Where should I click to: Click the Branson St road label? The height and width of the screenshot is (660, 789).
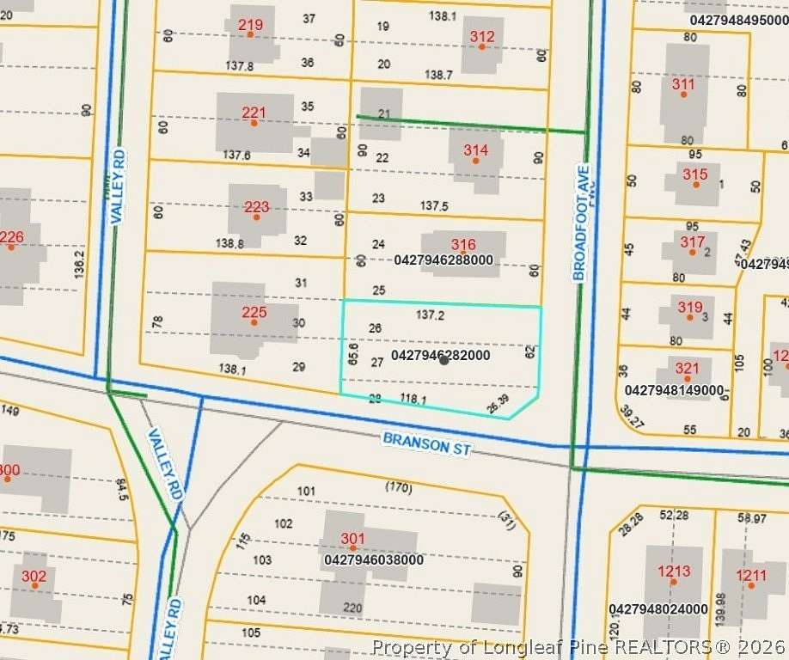click(427, 443)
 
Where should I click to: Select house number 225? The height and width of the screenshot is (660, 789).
click(254, 313)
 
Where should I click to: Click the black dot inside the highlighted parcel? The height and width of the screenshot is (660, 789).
click(443, 360)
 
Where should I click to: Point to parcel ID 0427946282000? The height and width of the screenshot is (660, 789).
click(440, 355)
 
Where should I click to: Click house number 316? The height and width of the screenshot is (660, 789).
click(463, 245)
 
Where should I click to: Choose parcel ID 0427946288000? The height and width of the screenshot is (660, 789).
click(443, 259)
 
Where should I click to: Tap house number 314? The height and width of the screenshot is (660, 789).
click(475, 150)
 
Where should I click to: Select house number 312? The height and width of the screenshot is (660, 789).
click(482, 36)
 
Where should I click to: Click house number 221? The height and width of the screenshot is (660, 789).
click(254, 113)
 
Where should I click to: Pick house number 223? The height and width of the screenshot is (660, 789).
click(256, 207)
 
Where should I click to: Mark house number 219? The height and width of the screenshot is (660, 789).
click(250, 23)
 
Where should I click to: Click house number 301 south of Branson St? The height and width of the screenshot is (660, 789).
click(352, 539)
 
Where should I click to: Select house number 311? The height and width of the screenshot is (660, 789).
click(683, 84)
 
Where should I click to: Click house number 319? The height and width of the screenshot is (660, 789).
click(689, 307)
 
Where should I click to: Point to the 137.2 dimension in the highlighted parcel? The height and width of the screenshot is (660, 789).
click(430, 315)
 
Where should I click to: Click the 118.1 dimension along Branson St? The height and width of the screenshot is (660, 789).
click(413, 399)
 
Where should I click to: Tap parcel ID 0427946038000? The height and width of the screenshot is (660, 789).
click(374, 559)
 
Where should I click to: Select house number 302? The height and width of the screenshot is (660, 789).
click(34, 576)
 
